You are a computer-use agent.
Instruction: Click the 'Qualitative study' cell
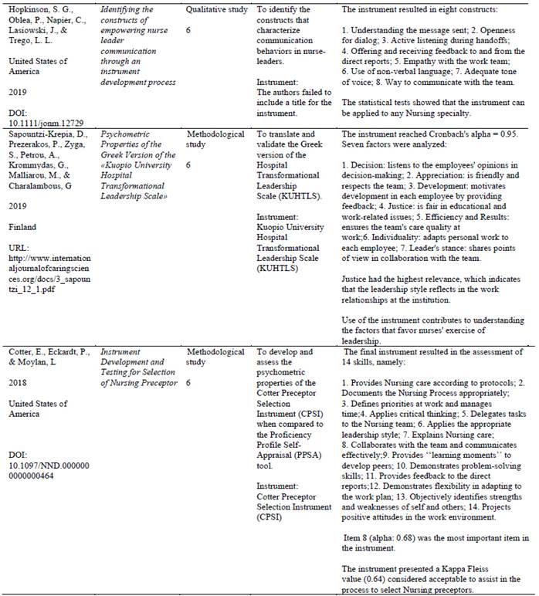pyautogui.click(x=217, y=10)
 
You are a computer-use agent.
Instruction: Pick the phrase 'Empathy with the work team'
pyautogui.click(x=442, y=61)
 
